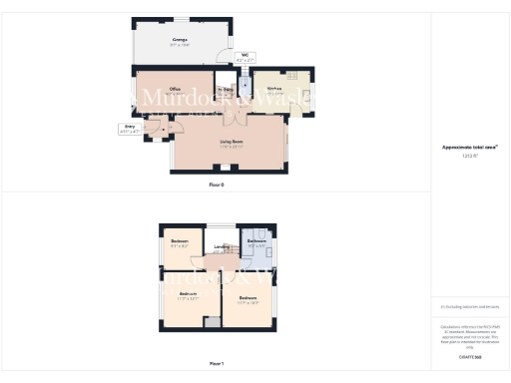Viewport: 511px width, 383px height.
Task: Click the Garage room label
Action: click(180, 39)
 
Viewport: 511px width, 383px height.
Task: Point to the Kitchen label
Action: click(274, 89)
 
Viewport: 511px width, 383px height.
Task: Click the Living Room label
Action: click(233, 143)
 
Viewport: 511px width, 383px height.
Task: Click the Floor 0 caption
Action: click(217, 186)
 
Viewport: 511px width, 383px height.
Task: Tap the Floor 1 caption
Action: click(217, 364)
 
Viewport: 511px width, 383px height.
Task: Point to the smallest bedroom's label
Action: click(180, 242)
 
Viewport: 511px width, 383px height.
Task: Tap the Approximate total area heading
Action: click(469, 147)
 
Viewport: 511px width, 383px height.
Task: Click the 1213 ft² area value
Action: click(469, 155)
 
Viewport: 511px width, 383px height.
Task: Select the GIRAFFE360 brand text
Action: click(470, 356)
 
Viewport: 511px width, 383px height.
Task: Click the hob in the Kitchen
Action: click(294, 75)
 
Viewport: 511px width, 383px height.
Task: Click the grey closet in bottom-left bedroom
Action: click(211, 321)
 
